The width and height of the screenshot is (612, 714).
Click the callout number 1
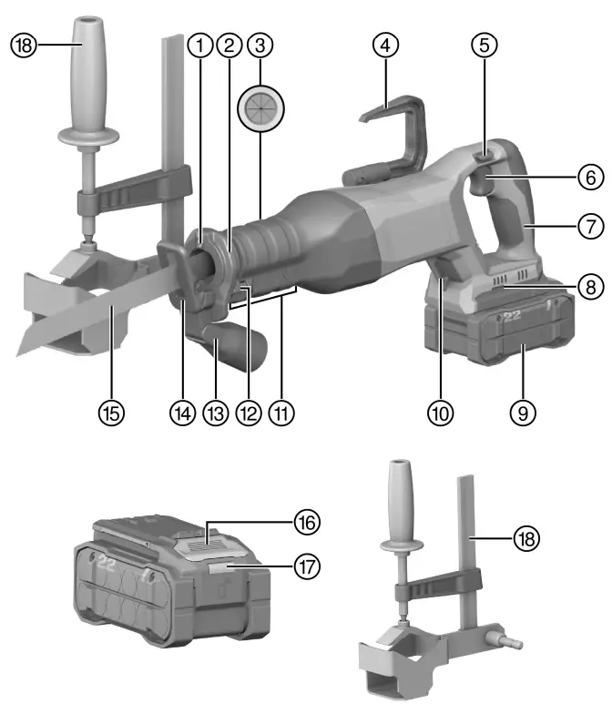[199, 44]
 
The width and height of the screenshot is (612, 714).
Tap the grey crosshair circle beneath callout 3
[260, 107]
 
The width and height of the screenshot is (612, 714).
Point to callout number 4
[387, 44]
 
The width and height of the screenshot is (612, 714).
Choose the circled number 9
[522, 412]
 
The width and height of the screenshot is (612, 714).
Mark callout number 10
[442, 412]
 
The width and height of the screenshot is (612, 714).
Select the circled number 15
[112, 412]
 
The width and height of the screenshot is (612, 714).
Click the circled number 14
[181, 412]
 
